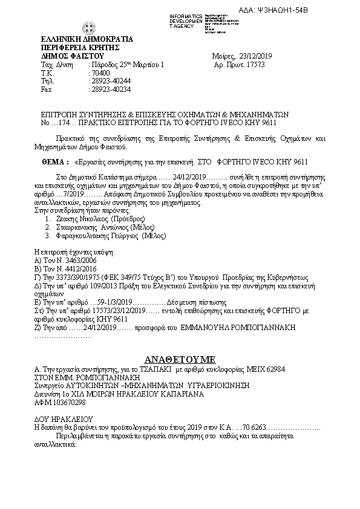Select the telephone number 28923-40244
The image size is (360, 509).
point(110,80)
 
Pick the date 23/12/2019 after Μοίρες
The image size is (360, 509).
point(256,56)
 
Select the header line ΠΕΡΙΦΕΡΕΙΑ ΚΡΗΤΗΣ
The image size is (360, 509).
point(79,47)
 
